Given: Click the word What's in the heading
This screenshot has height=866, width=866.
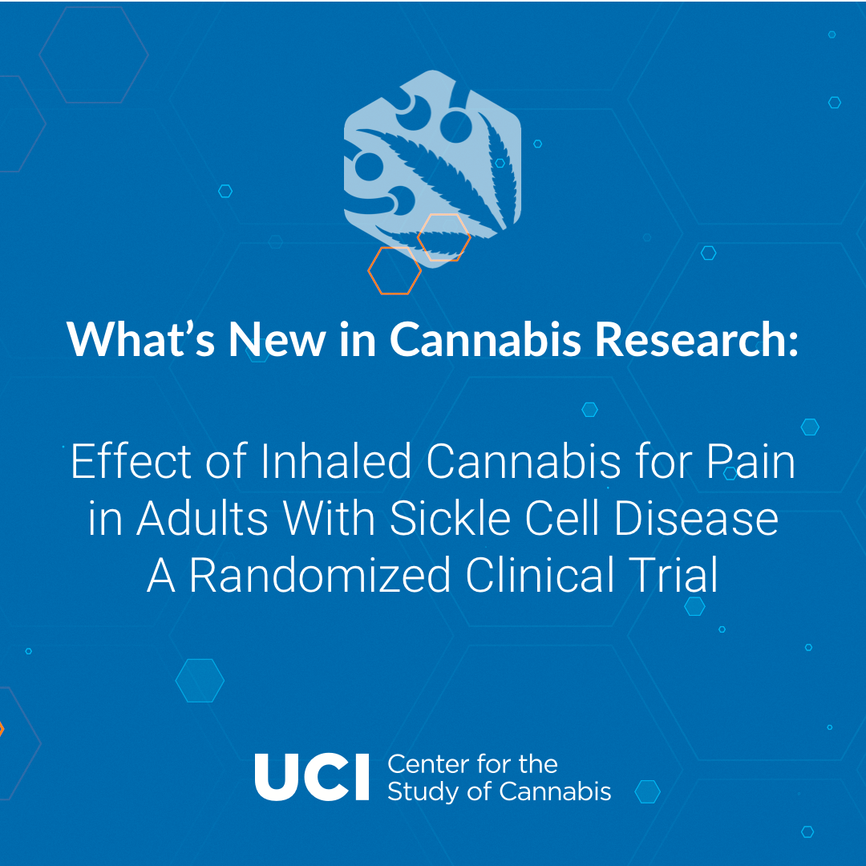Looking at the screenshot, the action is [x=141, y=338].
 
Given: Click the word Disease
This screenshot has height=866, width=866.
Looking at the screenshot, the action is [x=696, y=518].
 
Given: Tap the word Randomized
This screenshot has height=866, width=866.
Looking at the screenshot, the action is [x=320, y=575].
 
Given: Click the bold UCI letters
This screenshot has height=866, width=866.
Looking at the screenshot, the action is [x=311, y=777].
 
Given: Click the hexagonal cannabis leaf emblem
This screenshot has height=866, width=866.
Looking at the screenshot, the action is [x=432, y=168].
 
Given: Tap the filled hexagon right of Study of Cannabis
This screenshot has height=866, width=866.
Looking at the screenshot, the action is [x=647, y=791].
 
